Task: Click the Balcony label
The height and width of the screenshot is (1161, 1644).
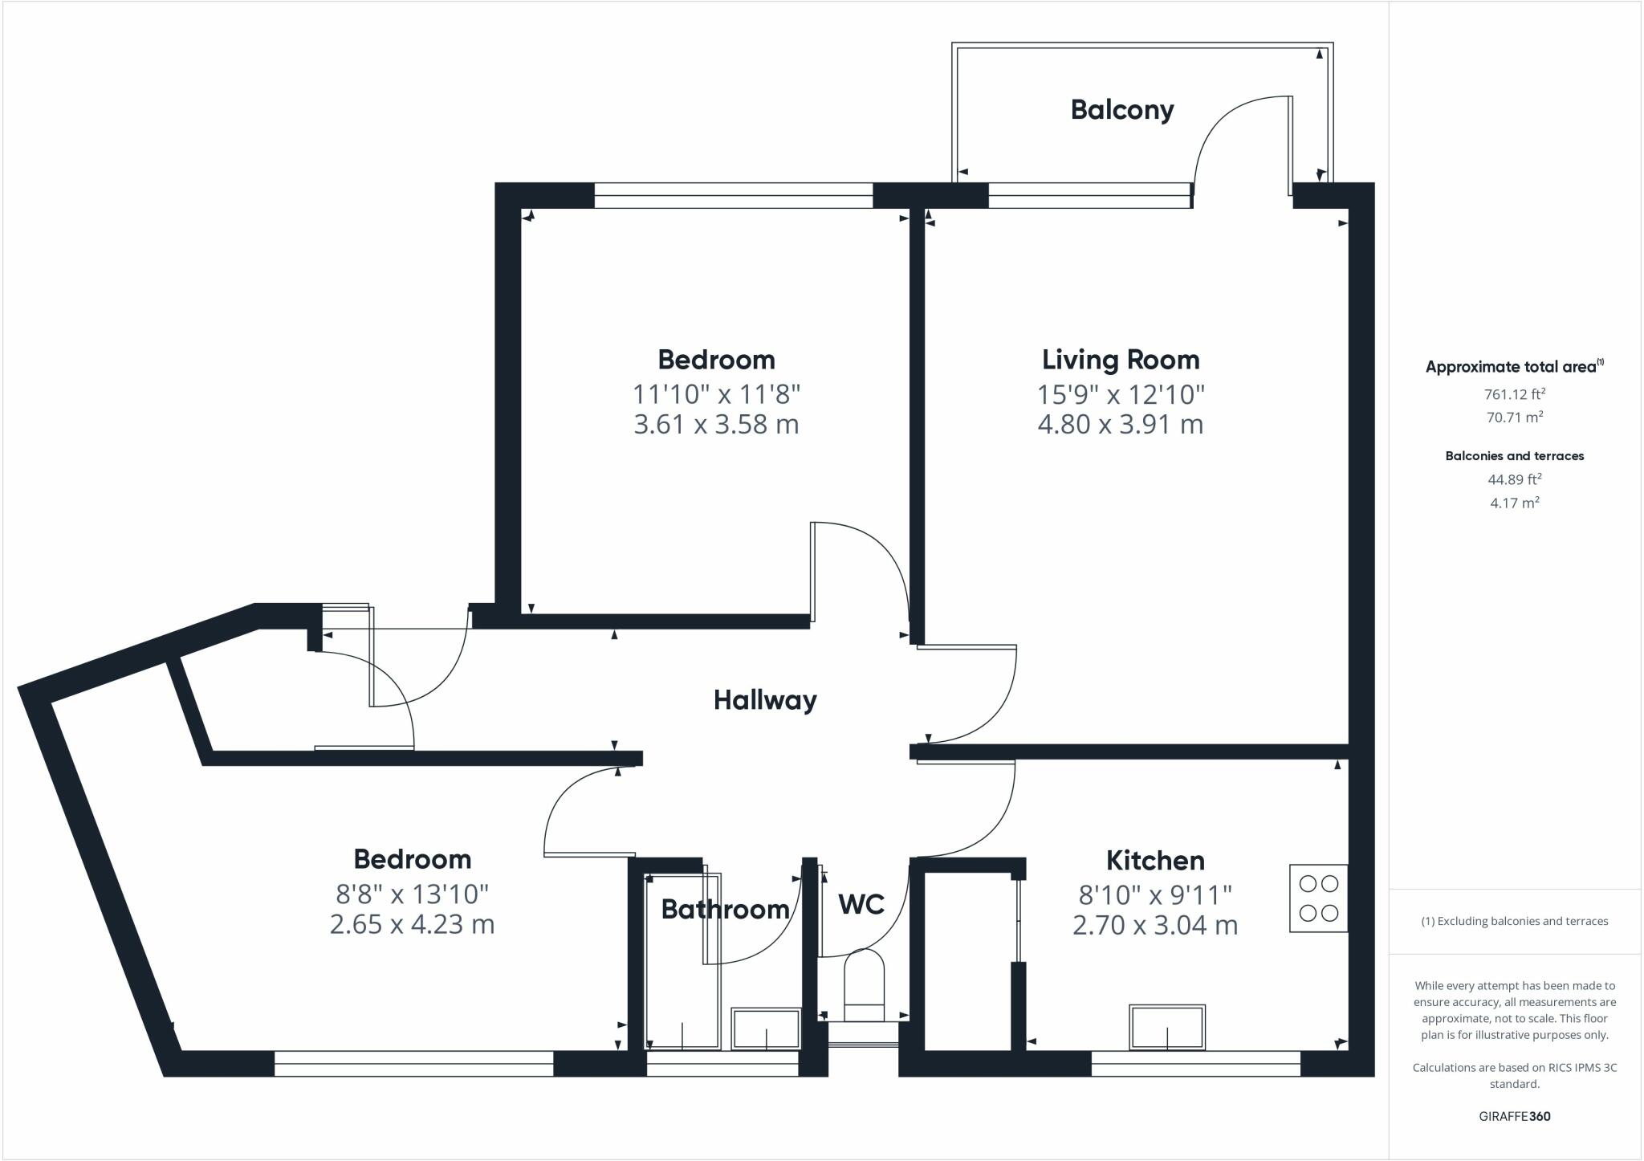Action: click(1122, 110)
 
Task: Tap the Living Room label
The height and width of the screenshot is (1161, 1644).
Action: click(1121, 360)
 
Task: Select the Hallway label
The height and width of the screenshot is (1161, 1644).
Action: click(765, 700)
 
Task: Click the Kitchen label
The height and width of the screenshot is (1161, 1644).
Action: click(1155, 861)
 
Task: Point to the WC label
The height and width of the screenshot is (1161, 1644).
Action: click(861, 905)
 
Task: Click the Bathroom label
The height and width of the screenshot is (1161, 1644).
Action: click(725, 909)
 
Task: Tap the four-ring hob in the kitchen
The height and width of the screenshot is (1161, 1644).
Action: click(1318, 898)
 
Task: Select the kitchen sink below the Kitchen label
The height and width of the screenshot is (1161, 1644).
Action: click(1167, 1026)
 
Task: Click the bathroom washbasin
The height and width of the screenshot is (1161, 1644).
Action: click(766, 1029)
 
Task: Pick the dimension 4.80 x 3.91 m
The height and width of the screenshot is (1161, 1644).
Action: click(1121, 424)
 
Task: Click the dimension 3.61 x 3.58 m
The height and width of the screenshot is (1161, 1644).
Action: click(716, 424)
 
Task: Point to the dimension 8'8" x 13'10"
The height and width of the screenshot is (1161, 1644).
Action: click(412, 893)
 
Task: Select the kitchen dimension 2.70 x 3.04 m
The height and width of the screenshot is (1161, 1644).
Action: click(1155, 925)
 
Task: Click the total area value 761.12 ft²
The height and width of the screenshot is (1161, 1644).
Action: click(1515, 393)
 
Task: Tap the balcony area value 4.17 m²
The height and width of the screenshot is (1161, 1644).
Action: click(1515, 503)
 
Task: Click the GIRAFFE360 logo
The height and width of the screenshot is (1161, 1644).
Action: click(1515, 1116)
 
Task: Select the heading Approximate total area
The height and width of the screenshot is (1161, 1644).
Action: click(1514, 366)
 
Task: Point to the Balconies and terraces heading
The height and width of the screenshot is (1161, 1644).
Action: click(1515, 456)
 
